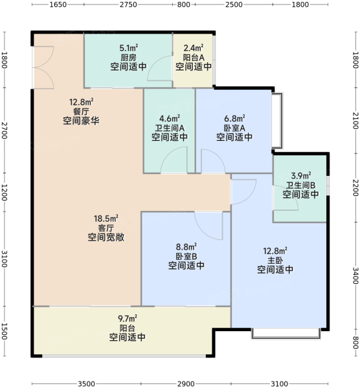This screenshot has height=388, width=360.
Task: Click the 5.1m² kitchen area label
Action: coord(129,48)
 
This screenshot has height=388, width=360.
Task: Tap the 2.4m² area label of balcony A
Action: coord(194,48)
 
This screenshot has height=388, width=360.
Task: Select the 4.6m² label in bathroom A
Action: coord(170,118)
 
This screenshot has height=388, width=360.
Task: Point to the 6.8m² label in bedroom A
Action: coord(234,118)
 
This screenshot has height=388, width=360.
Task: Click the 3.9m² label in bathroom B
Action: coord(301,176)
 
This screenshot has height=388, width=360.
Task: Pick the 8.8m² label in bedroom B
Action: coord(186,247)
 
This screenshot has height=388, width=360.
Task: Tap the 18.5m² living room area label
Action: coord(106,219)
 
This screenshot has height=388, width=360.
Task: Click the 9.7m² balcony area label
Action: coord(128,318)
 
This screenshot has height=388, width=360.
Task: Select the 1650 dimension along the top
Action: coord(58,5)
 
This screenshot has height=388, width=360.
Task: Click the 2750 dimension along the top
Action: coord(128,5)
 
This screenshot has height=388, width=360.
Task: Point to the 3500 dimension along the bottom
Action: coord(86,383)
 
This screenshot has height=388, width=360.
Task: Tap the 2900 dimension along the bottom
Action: coord(186,383)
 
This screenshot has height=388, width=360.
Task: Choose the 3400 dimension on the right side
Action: coord(355,275)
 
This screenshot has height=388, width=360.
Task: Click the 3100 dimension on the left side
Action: coord(5,259)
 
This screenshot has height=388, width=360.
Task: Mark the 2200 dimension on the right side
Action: coord(355,188)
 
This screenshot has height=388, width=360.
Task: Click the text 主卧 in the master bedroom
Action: coord(275,261)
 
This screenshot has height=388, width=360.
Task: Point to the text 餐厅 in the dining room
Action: coord(81,111)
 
